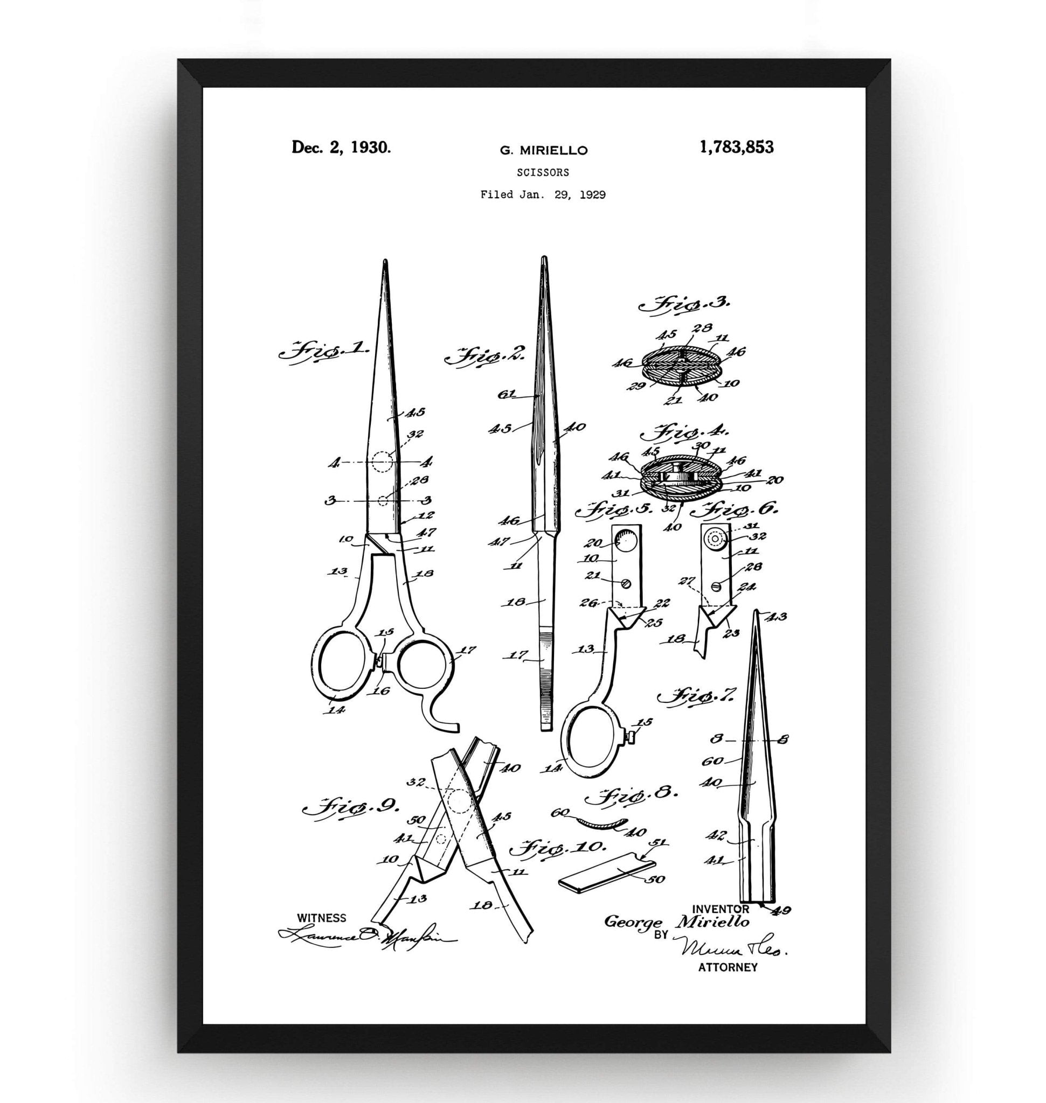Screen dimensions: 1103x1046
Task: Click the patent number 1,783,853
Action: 737,147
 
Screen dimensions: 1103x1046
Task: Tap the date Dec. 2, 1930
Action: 341,147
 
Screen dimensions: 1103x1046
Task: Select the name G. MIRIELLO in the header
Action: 544,150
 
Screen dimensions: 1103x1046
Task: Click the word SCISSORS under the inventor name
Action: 543,173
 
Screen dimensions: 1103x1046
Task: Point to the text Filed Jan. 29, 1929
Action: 543,195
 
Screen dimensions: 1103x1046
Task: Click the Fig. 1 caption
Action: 323,352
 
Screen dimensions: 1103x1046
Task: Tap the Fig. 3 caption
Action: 683,305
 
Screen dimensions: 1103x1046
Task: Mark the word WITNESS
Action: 322,917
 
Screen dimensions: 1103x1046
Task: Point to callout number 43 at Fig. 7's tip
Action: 777,617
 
